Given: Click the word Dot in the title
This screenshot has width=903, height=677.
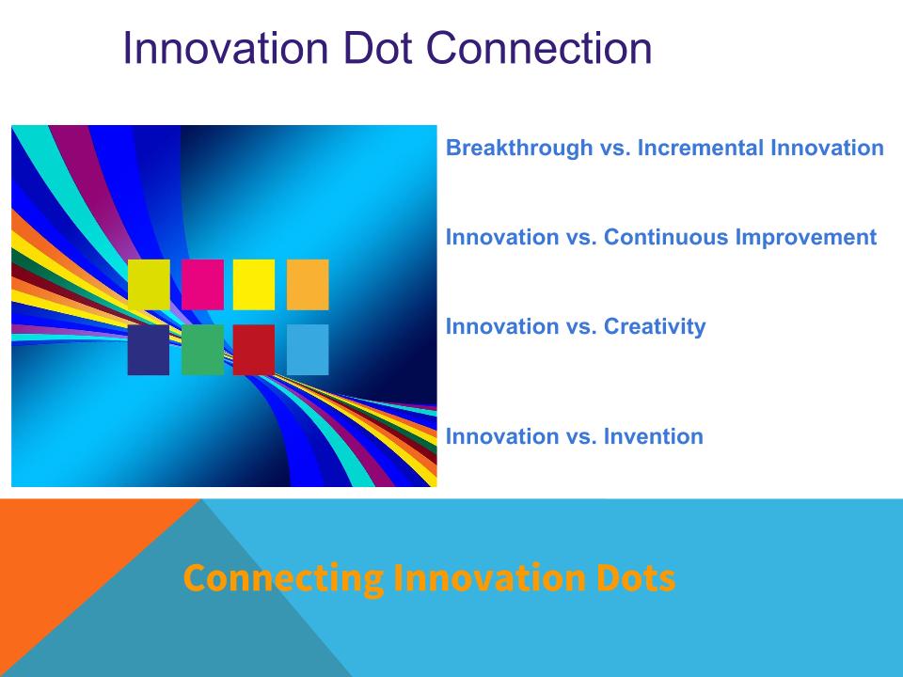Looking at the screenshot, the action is point(378,48).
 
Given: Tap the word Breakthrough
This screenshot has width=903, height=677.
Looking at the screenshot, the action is point(519,148).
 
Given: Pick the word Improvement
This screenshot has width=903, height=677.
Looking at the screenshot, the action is point(806,237).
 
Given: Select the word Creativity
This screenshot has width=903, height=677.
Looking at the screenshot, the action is point(655,327).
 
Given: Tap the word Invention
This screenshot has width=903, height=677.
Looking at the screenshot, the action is point(654,436).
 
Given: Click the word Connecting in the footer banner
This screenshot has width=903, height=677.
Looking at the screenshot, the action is point(283,578).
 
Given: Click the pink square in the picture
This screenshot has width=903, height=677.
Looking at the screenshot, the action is point(203,284).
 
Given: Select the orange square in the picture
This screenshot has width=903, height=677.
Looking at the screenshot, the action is point(308,284).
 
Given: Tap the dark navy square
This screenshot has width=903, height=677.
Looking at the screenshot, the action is point(149,350).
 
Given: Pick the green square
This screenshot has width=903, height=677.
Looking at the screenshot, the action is point(203,350).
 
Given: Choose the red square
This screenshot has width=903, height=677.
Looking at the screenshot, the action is point(254,350).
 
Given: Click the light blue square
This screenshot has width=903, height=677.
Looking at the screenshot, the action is point(308,350).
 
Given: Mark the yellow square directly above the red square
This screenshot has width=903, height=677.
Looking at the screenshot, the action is point(254,284).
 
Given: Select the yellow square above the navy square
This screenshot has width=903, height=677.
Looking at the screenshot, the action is point(149,284).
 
